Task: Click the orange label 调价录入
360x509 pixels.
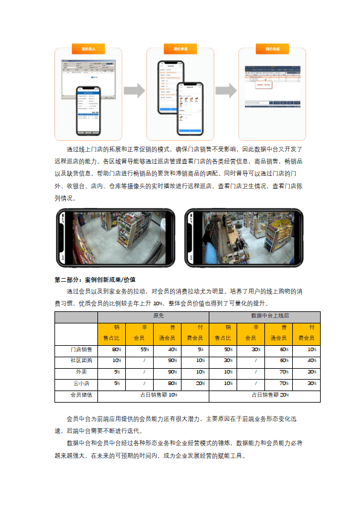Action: click(88, 48)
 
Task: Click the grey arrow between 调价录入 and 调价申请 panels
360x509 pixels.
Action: click(134, 91)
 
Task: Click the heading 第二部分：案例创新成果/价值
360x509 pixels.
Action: click(95, 280)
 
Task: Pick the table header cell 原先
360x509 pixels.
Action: click(153, 317)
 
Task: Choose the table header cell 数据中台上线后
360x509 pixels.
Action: click(264, 317)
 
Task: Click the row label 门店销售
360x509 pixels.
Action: click(76, 350)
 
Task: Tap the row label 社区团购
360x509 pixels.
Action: click(76, 361)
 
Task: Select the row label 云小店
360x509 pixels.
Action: click(76, 383)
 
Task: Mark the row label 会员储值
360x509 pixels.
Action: click(76, 395)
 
